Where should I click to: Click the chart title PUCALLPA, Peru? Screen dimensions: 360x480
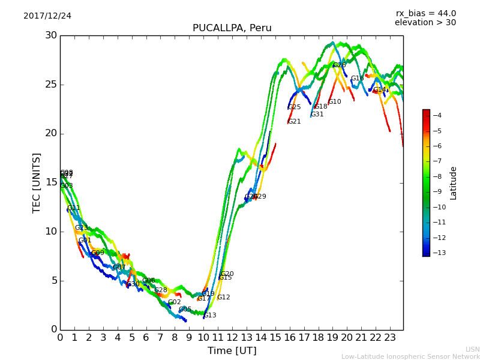(x=232, y=28)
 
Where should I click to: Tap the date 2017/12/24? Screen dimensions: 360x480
(x=47, y=16)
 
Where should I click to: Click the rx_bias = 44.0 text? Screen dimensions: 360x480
(x=425, y=14)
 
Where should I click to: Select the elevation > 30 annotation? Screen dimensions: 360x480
(x=425, y=23)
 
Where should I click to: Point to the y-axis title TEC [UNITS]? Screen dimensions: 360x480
(x=37, y=182)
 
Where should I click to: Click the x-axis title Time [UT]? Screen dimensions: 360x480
(x=232, y=350)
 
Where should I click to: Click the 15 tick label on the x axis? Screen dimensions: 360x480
(x=275, y=338)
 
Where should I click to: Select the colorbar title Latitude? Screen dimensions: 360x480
(x=454, y=183)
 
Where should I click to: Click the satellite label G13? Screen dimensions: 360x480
(x=210, y=316)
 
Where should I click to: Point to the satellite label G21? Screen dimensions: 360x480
(x=295, y=122)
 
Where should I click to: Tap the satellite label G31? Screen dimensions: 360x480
(x=317, y=115)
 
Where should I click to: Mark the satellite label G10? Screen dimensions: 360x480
(x=335, y=102)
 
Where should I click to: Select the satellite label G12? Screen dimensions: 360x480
(x=224, y=298)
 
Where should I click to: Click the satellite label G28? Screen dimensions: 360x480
(x=161, y=290)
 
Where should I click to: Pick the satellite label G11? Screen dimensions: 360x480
(x=74, y=208)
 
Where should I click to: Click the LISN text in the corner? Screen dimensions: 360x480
(x=473, y=349)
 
